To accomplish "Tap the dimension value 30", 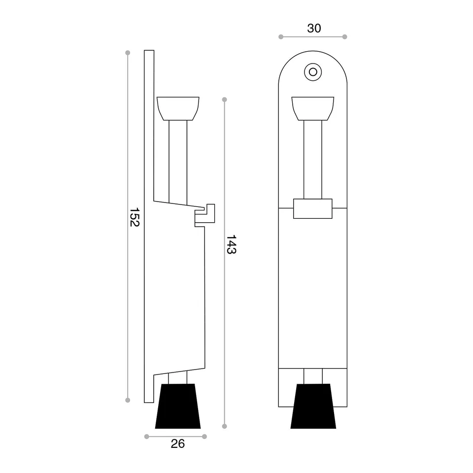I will click(314, 29).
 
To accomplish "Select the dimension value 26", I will click(178, 444).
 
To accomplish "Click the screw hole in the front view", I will click(312, 71).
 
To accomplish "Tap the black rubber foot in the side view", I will click(178, 406).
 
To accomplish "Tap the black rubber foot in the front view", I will click(313, 406).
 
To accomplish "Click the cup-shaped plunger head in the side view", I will click(178, 108).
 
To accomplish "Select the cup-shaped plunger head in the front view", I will click(313, 108).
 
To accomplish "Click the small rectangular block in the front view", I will click(313, 208).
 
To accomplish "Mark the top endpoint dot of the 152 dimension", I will click(128, 53).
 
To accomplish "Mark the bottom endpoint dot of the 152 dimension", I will click(128, 400).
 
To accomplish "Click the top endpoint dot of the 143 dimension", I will click(225, 100).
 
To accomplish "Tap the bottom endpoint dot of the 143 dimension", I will click(225, 426).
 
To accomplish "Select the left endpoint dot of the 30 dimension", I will click(281, 37).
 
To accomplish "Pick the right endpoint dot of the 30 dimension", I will click(345, 37).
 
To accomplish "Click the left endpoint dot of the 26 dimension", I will click(146, 437).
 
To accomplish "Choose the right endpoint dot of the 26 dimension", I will click(204, 437).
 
